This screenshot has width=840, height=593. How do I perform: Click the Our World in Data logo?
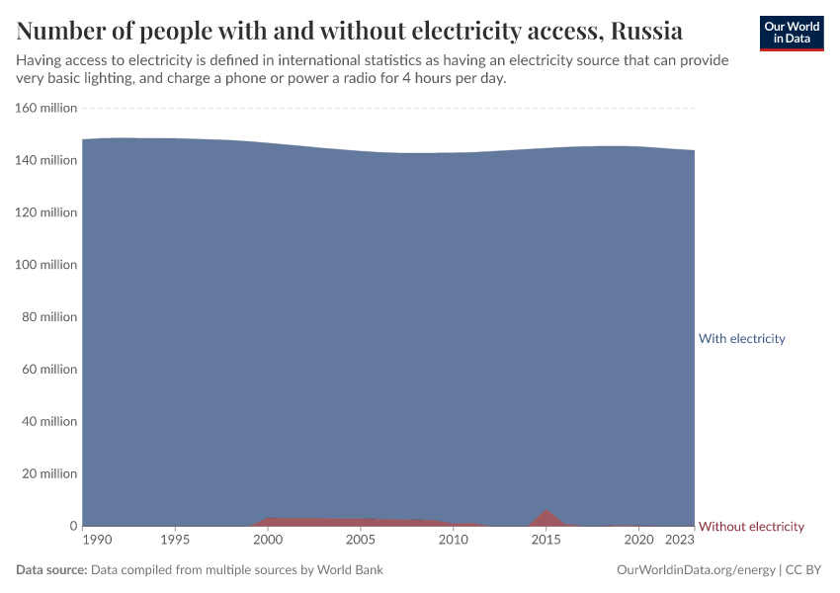791,33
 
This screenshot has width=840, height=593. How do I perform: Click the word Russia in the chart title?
643,31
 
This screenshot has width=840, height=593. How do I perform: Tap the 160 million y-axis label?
46,108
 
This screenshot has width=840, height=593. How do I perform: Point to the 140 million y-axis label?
46,160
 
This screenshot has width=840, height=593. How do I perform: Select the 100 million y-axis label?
46,265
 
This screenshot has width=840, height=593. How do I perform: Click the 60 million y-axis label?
49,369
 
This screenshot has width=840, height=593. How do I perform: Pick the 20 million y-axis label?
49,473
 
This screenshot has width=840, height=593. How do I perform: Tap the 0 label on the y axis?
72,526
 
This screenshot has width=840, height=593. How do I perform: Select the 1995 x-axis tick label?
175,541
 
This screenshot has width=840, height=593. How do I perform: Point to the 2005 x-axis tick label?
361,541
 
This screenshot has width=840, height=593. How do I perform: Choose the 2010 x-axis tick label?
454,541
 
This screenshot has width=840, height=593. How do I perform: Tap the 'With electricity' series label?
741,338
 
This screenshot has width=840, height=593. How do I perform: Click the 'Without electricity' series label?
751,526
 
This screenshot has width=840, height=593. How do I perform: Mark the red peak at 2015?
546,513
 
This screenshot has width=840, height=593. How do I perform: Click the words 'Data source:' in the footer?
51,570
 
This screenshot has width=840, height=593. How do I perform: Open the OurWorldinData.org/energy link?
696,570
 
